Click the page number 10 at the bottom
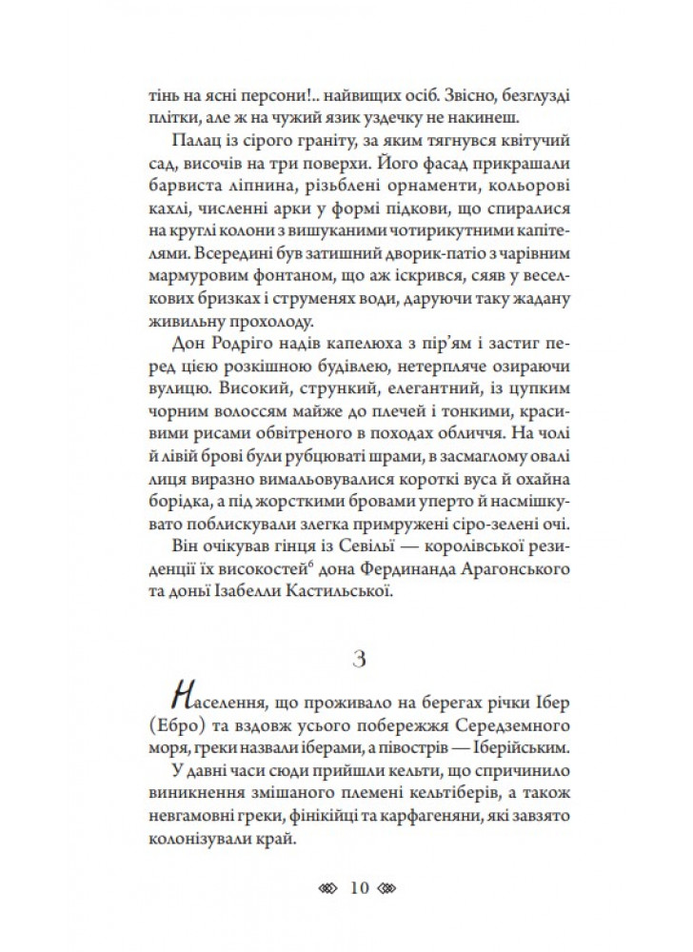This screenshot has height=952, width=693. [359, 890]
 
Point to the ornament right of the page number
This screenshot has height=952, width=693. [391, 890]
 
